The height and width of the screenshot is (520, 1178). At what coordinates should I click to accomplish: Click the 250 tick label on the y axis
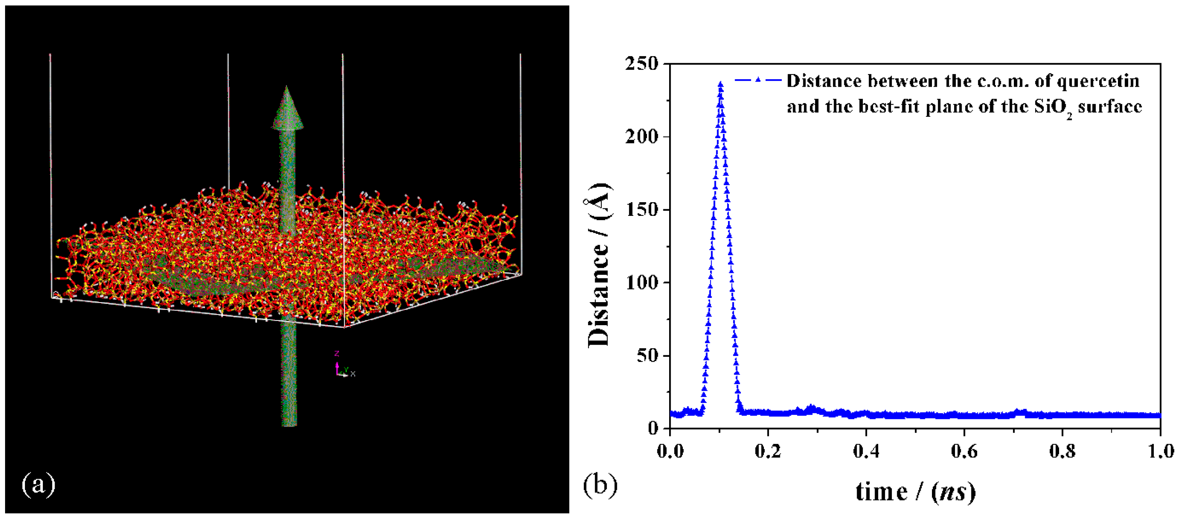click(x=641, y=64)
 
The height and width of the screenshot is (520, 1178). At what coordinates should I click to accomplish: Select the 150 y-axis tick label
click(x=641, y=210)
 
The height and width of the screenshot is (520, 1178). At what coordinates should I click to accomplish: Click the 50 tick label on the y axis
click(x=647, y=356)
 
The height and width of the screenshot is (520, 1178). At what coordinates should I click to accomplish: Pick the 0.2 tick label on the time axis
click(x=768, y=451)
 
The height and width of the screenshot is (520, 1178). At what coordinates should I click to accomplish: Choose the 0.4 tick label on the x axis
click(x=866, y=451)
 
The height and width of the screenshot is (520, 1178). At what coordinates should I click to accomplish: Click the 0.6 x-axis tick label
click(x=964, y=451)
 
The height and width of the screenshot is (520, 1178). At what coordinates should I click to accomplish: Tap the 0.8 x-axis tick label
click(x=1062, y=451)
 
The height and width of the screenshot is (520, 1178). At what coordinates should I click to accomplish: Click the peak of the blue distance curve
click(x=721, y=84)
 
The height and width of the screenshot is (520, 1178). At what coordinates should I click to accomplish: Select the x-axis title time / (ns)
click(x=916, y=492)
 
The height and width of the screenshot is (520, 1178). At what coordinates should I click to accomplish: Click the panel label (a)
click(x=39, y=484)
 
